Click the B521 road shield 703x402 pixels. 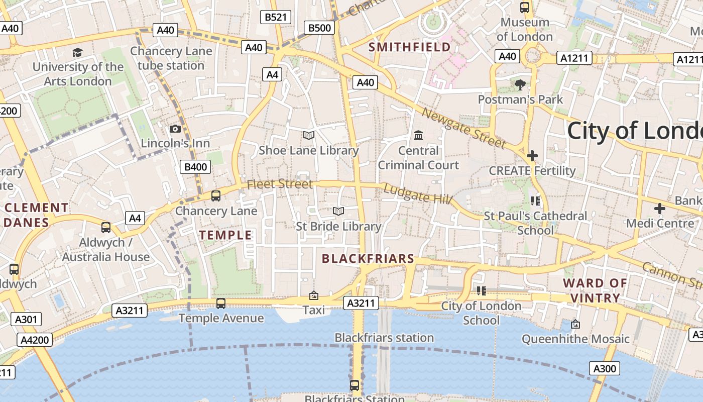pos(276,17)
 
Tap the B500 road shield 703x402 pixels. pos(319,28)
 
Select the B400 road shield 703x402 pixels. pos(195,167)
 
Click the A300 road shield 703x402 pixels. pos(604,369)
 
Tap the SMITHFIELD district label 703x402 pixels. pos(410,47)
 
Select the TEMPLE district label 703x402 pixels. pos(225,235)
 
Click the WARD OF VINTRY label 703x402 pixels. pos(595,290)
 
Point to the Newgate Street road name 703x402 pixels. pos(463,128)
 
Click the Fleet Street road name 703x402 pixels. pos(280,184)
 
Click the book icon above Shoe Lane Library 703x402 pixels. pos(309,135)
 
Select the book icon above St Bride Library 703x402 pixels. pos(338,212)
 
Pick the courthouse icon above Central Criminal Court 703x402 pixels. pos(418,135)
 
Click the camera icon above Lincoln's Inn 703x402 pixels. pos(175,129)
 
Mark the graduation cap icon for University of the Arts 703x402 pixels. pos(77,52)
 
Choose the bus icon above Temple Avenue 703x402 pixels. pos(221,303)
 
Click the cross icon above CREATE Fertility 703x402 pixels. pos(532,156)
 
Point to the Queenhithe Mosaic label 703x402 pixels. pos(575,339)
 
